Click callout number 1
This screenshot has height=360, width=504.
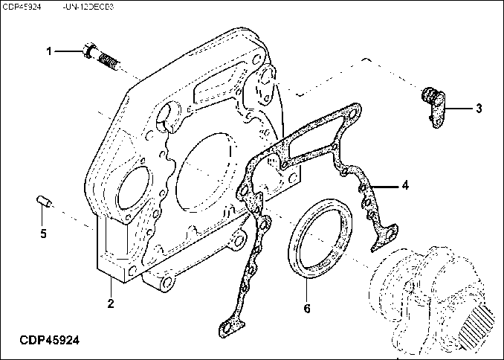50,51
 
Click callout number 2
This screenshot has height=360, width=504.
110,303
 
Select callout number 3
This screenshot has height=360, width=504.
479,109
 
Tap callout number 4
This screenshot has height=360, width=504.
405,185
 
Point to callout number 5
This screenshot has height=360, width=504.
43,234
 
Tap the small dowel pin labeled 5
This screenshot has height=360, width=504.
43,201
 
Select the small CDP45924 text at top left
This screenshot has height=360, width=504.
22,6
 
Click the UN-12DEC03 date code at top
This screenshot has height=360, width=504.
88,6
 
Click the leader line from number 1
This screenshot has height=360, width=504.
67,51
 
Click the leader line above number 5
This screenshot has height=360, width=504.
43,217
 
